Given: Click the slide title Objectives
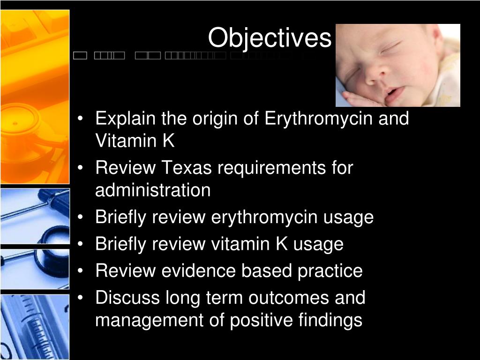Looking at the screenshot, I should point(270,38).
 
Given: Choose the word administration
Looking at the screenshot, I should point(153,190).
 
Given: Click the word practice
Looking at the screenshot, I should point(330,271).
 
